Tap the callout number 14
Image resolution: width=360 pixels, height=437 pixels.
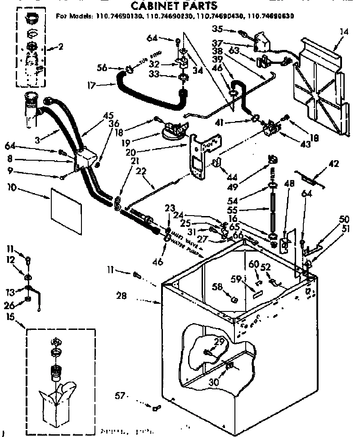coord(344,32)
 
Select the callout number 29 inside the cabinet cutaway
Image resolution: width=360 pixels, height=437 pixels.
coord(219,343)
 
